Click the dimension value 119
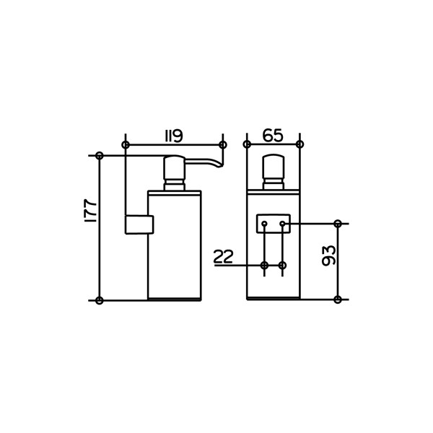tap(174, 136)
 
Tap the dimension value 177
tap(91, 210)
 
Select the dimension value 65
tap(273, 136)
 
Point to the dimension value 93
tap(328, 255)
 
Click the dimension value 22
tap(224, 256)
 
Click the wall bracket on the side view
tap(139, 224)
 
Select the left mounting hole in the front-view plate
tap(264, 223)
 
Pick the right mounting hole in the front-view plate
tap(282, 223)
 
